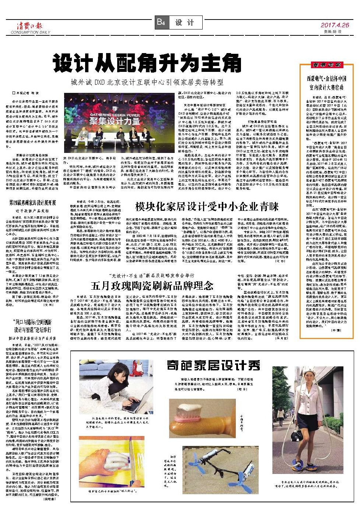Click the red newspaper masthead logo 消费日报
click(x=29, y=25)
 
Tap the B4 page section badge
click(x=161, y=22)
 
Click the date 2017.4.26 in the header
click(x=334, y=25)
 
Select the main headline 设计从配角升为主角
click(x=147, y=63)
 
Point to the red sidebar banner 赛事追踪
click(x=326, y=65)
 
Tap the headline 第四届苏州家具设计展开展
click(x=33, y=203)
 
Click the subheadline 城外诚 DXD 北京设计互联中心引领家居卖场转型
click(x=147, y=82)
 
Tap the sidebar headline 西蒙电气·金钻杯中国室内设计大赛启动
click(x=326, y=83)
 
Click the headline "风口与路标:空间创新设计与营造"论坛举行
click(x=32, y=326)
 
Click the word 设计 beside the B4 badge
click(x=184, y=22)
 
